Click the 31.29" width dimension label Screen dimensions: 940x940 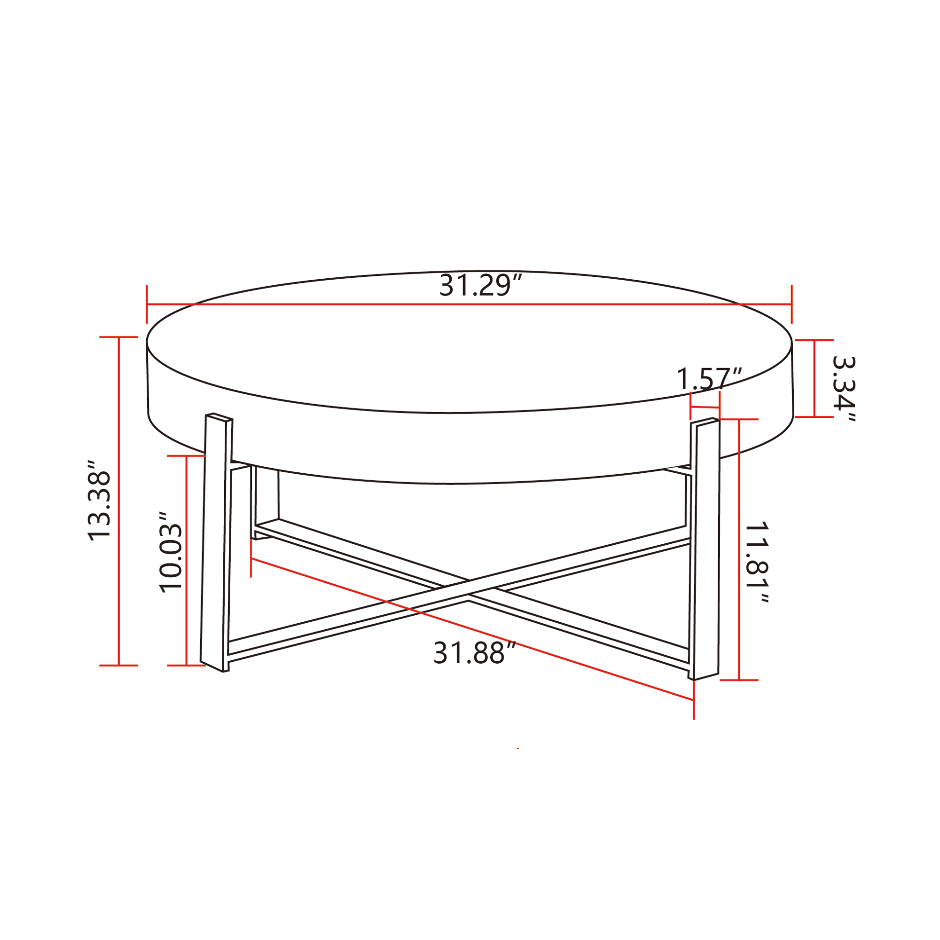(480, 286)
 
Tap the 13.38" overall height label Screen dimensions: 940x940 (100, 500)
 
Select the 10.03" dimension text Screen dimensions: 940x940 (171, 552)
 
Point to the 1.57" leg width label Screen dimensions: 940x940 (709, 378)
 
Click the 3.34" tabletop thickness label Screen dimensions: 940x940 (844, 389)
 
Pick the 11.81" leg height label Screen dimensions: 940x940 (757, 563)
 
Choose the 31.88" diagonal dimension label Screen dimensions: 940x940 (474, 653)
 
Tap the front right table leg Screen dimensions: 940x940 (704, 548)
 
